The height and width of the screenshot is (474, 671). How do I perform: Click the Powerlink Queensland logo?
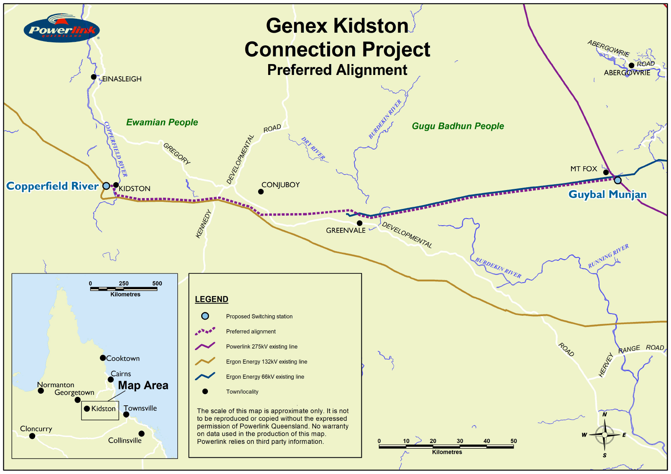click(x=61, y=29)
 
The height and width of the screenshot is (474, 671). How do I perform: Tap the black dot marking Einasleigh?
click(x=94, y=77)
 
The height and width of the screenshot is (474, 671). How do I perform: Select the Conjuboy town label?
click(x=280, y=185)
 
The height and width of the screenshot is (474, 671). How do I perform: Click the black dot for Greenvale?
click(x=359, y=223)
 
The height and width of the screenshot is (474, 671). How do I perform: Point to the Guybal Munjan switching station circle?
click(x=617, y=180)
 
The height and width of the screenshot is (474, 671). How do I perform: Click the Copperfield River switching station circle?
click(x=106, y=185)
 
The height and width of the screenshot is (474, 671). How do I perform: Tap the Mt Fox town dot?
click(x=606, y=172)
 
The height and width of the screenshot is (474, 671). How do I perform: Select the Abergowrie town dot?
click(x=631, y=65)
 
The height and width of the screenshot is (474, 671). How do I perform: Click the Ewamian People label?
click(x=162, y=122)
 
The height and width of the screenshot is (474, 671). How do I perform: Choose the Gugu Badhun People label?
click(x=458, y=126)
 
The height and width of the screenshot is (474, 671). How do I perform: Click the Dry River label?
click(x=313, y=148)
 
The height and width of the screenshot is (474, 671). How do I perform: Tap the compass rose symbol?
click(x=604, y=435)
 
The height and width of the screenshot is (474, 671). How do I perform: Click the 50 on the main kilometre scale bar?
click(x=513, y=441)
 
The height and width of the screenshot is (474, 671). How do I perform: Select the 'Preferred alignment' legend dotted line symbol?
click(x=205, y=331)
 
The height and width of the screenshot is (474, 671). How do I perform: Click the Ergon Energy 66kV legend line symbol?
click(x=205, y=376)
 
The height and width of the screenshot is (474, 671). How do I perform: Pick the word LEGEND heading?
click(x=211, y=299)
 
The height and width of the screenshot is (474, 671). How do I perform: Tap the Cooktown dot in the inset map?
click(x=102, y=358)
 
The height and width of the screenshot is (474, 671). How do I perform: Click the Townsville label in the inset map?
click(x=140, y=408)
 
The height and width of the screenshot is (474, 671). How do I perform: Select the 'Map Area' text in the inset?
click(x=143, y=385)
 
